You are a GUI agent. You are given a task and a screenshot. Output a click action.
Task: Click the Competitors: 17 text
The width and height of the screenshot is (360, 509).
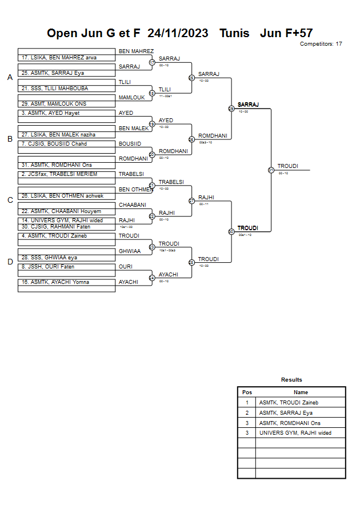321,44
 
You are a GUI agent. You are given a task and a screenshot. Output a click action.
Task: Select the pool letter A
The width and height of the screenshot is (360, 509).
10,78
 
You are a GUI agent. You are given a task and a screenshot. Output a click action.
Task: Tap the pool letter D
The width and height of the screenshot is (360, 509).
10,262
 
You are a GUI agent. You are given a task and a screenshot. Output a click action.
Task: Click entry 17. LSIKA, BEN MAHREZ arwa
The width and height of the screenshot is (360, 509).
59,58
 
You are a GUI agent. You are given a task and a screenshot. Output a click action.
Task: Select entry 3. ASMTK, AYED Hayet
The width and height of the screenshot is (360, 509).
51,113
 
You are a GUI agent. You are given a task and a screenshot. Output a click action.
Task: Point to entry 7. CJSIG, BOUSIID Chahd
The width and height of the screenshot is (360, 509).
54,143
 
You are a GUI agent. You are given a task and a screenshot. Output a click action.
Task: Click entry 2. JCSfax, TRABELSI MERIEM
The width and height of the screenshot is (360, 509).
59,174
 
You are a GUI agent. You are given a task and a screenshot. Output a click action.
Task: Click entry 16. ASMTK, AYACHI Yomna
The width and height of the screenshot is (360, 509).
55,282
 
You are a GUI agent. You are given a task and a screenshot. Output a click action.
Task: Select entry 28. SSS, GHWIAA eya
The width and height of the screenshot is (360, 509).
49,258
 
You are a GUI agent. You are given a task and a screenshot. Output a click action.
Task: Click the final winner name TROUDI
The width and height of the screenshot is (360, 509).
287,166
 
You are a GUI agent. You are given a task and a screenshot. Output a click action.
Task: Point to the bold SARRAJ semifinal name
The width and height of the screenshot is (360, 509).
248,105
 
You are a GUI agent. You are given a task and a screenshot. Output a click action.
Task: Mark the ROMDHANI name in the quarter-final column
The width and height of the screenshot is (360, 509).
213,136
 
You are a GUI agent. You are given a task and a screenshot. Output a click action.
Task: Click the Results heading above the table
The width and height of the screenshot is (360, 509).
291,380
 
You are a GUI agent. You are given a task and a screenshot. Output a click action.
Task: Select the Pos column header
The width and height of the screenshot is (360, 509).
247,392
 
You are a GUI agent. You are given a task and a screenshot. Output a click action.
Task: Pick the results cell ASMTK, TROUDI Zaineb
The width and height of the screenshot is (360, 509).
289,403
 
